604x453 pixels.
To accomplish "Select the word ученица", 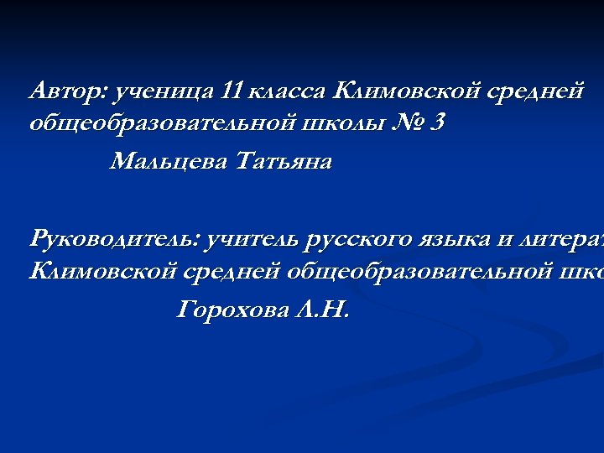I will point(164,90).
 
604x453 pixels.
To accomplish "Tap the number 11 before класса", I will point(234,90).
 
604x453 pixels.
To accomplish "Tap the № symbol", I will point(405,124).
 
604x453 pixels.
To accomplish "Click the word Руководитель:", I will point(115,239).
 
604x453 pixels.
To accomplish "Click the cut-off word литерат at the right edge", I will point(563,239).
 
